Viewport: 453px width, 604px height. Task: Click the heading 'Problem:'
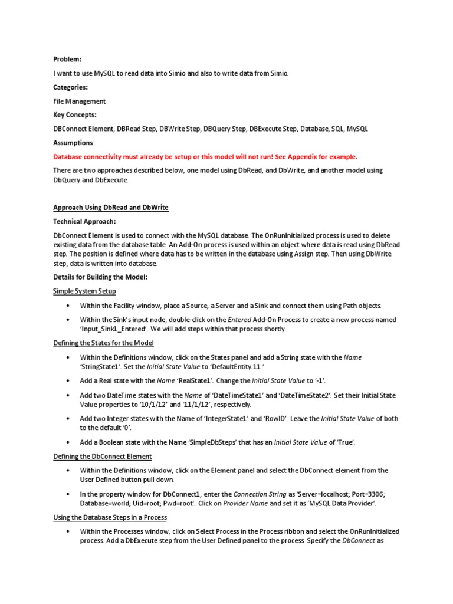click(x=67, y=59)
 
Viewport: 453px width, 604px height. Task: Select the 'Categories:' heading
click(x=71, y=87)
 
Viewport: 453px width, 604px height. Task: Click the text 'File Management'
click(x=80, y=101)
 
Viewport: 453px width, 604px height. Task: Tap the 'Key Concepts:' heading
click(x=75, y=114)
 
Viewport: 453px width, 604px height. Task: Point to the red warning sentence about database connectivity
click(x=205, y=156)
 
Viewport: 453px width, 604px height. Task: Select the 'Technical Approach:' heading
click(x=84, y=221)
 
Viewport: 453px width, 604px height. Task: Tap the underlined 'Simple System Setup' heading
click(x=84, y=291)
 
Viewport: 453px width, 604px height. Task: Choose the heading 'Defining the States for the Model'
click(x=104, y=343)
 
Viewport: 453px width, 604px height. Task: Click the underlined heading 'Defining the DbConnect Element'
click(x=102, y=456)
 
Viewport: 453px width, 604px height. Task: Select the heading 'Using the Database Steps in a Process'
click(x=110, y=517)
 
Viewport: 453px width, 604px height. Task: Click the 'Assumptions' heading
click(x=73, y=143)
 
